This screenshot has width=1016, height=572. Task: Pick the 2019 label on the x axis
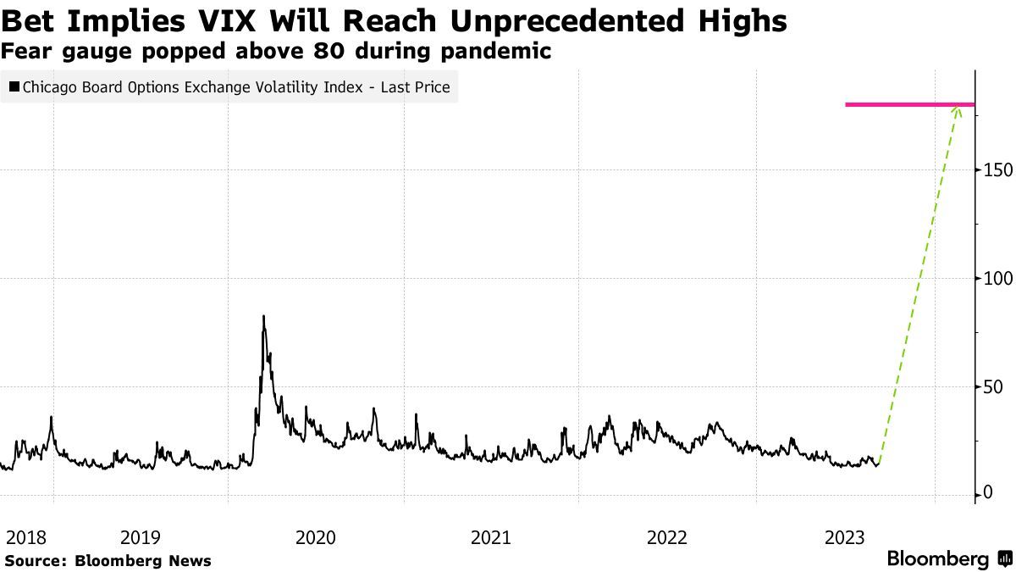[141, 537]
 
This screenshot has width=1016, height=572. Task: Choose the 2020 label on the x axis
[316, 537]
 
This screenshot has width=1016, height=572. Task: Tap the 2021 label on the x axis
[491, 537]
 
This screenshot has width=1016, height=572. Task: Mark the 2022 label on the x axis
[667, 537]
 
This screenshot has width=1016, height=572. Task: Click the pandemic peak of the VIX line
[263, 317]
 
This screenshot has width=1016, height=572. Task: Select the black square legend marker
[14, 87]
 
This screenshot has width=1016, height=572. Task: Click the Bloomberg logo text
[937, 559]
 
